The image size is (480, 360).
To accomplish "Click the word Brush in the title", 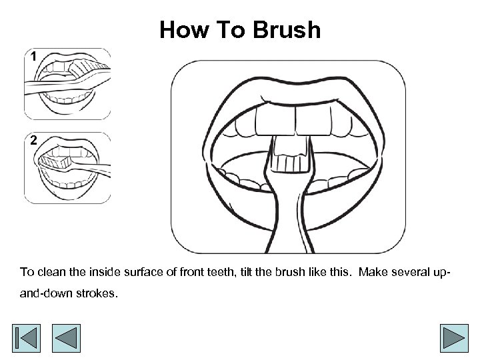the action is tap(287, 30).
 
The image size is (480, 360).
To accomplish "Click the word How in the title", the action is tap(184, 30).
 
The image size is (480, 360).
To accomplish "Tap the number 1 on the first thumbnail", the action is tap(33, 56).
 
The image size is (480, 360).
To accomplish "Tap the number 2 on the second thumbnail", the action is tap(34, 140).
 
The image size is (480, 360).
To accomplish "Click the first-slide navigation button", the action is tap(26, 338).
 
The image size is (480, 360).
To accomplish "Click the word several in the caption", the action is tap(411, 272).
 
